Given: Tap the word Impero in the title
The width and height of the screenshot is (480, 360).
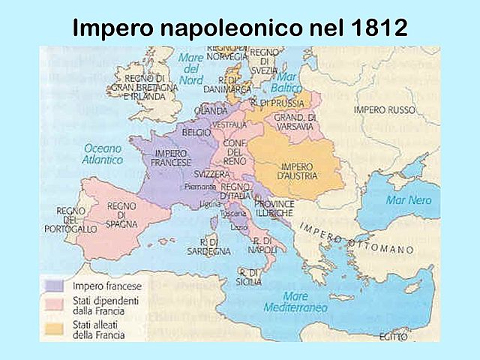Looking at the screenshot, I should tap(112, 28).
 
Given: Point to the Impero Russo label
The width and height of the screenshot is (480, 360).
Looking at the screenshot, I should tap(384, 109).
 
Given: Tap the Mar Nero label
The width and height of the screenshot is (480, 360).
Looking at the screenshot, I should tap(408, 200).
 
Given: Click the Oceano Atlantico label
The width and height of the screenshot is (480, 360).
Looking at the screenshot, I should tap(103, 154).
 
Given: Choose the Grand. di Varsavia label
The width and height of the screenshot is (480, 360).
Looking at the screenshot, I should tap(295, 122).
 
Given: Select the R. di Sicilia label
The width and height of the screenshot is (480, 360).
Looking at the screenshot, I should tap(249, 277).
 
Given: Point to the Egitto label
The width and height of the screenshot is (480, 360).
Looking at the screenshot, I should tap(393, 335).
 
